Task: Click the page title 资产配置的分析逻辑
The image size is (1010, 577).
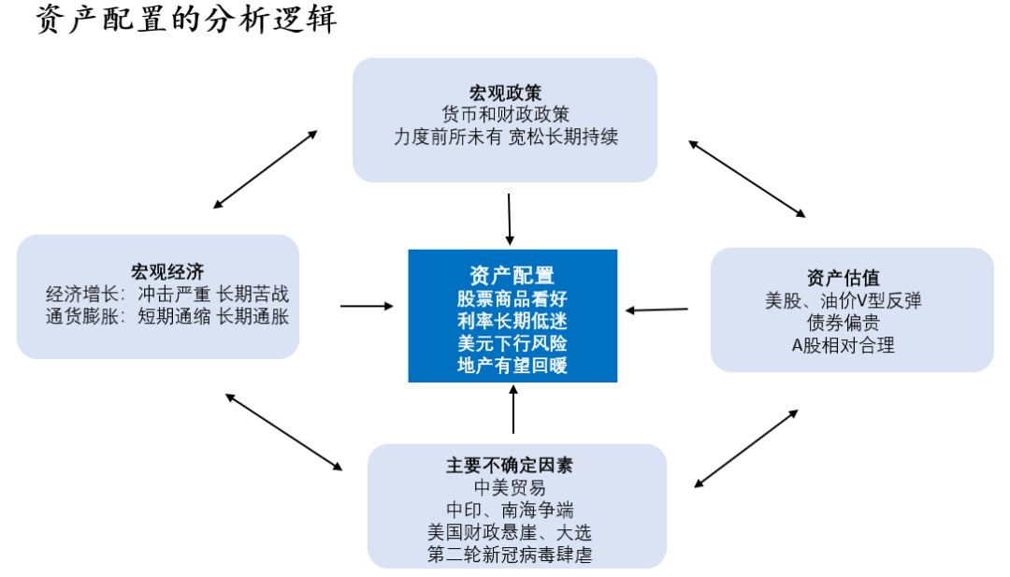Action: (x=186, y=20)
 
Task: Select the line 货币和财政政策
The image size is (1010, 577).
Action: (x=505, y=114)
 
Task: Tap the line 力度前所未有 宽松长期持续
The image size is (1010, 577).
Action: (x=505, y=137)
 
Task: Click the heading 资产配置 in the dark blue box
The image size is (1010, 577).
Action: (x=512, y=274)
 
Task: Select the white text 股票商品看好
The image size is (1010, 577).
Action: (x=512, y=297)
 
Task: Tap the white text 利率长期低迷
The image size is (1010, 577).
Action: (x=512, y=320)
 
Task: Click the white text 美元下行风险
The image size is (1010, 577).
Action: (x=512, y=342)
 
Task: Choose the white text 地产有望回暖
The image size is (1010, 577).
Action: (x=512, y=365)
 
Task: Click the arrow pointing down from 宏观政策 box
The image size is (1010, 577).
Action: (x=510, y=219)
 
